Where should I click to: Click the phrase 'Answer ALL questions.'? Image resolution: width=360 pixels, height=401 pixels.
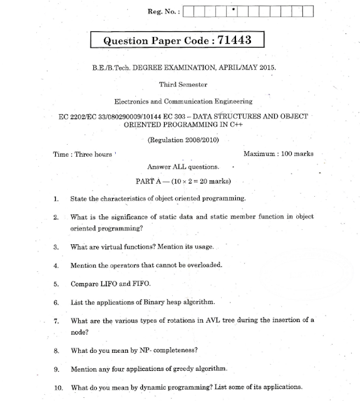click(183, 167)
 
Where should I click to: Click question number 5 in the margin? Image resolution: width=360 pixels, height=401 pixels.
click(56, 283)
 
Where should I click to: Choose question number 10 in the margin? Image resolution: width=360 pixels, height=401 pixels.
click(58, 387)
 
